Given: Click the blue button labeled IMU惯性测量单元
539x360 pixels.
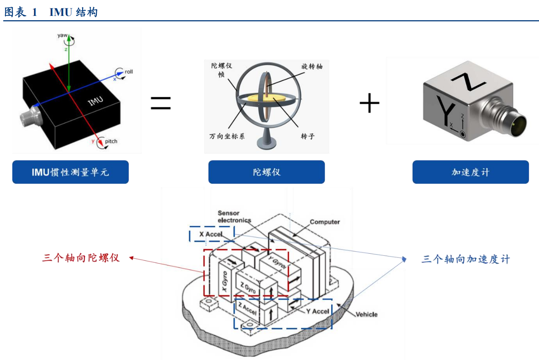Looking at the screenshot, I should click(70, 172).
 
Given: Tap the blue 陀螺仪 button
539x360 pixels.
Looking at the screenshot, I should click(266, 172).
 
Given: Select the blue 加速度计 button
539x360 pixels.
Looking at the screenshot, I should click(470, 172).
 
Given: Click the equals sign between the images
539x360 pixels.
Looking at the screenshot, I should click(161, 103).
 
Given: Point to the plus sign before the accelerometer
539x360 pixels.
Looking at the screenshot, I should click(369, 103).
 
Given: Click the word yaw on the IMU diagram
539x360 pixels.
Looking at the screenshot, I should click(62, 35).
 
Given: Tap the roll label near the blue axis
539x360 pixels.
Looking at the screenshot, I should click(129, 72).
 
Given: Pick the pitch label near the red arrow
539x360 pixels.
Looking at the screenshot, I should click(111, 141).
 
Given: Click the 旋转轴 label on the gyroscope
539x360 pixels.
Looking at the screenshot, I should click(312, 66).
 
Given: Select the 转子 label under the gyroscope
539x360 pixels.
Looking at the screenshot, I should click(308, 136).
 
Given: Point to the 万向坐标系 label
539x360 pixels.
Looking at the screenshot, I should click(227, 136).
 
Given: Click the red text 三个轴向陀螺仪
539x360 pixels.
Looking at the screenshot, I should click(81, 258).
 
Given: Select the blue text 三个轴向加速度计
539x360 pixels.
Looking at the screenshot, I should click(466, 259).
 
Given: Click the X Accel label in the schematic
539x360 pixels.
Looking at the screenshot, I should click(211, 234).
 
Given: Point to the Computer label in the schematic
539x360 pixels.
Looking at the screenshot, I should click(325, 222).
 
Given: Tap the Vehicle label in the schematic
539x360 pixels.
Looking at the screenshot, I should click(366, 314).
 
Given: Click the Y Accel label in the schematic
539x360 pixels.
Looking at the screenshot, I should click(317, 311).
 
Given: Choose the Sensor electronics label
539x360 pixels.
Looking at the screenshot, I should click(234, 217).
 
